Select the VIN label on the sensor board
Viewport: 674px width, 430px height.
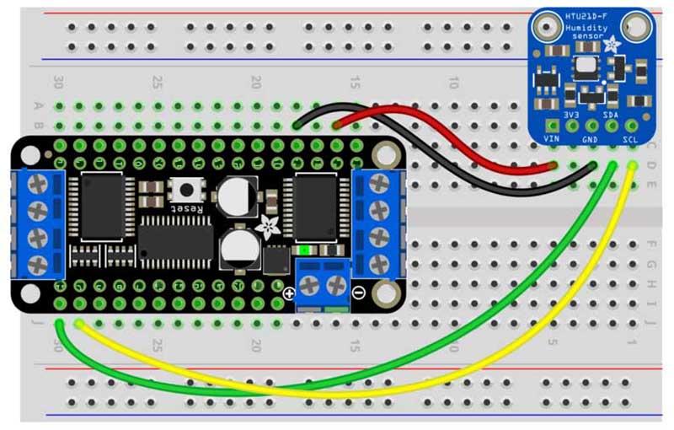553,137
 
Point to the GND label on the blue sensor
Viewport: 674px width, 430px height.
591,137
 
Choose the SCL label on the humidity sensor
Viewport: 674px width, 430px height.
630,137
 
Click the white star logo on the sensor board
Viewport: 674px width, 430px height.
612,44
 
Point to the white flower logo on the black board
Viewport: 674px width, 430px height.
269,225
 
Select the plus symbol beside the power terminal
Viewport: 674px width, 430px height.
289,293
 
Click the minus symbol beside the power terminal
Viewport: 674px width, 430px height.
358,293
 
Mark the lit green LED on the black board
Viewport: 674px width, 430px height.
304,250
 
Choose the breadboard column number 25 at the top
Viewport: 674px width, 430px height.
157,83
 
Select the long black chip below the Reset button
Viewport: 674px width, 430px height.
175,238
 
